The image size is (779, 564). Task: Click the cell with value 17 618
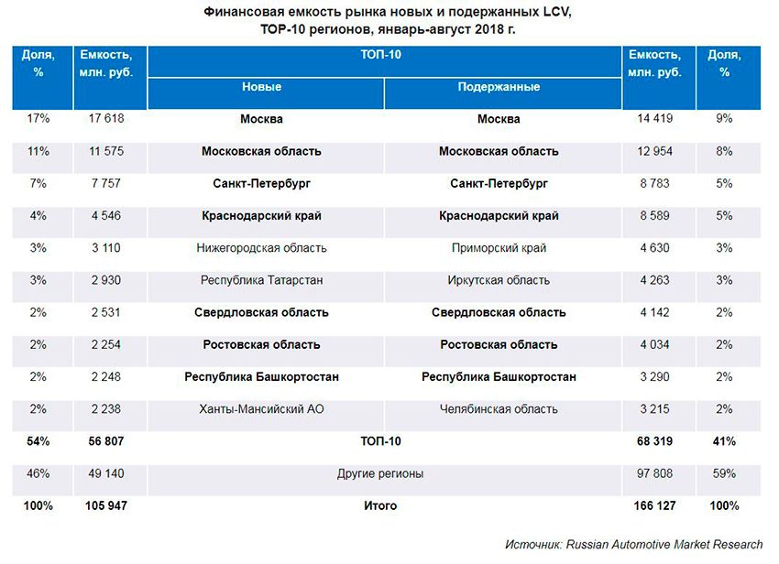click(106, 119)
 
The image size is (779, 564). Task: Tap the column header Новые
click(261, 88)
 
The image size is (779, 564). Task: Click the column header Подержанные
click(499, 88)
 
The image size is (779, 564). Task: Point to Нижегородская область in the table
click(261, 248)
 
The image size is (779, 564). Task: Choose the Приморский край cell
click(499, 248)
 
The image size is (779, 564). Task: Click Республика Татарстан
click(261, 280)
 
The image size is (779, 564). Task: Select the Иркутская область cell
click(499, 280)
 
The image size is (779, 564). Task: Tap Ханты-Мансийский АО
click(261, 408)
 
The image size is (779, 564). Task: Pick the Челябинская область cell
click(499, 408)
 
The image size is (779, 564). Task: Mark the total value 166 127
click(653, 505)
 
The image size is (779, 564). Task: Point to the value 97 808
click(653, 473)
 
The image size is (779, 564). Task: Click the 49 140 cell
click(104, 473)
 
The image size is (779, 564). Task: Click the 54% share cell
click(38, 441)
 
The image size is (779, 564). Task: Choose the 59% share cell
click(724, 473)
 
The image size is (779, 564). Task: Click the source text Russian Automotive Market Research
click(664, 544)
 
